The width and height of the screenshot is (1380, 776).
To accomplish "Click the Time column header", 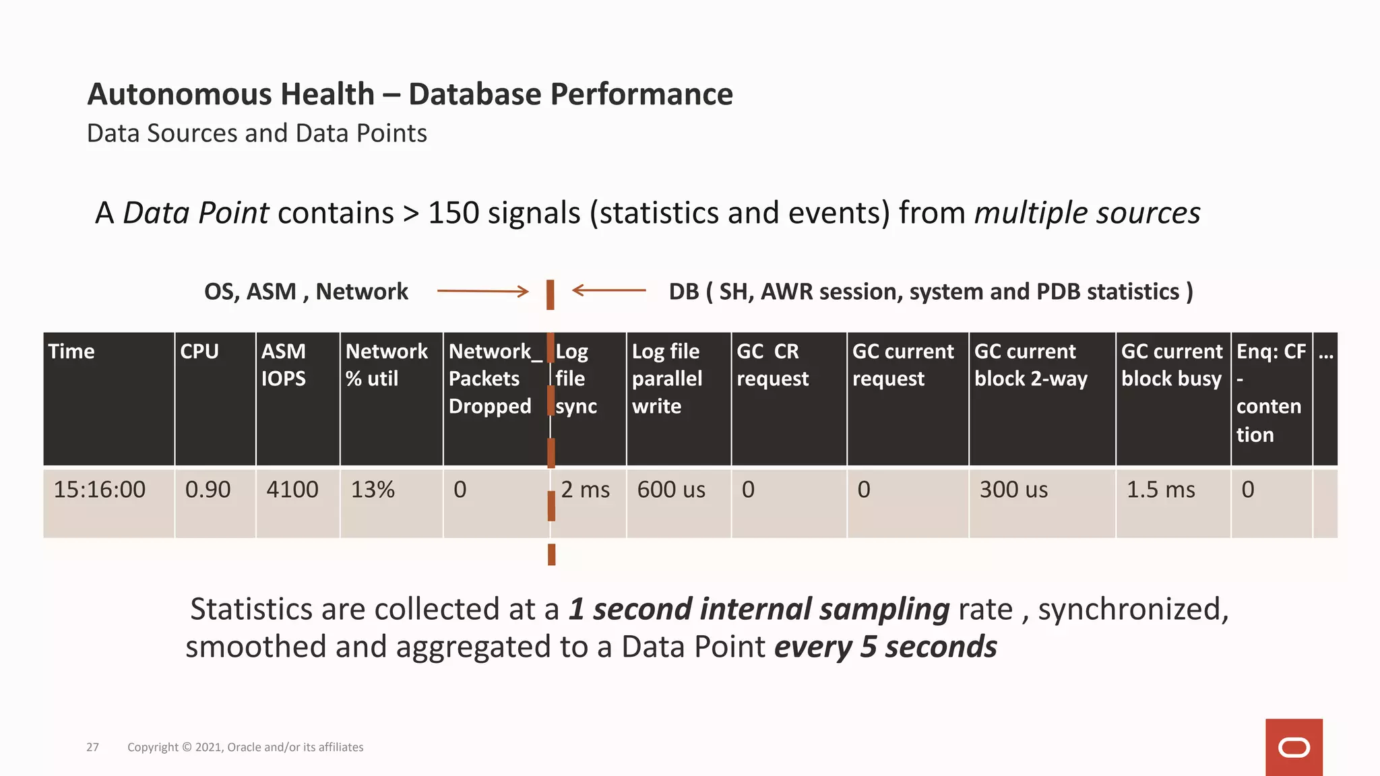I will pos(71,352).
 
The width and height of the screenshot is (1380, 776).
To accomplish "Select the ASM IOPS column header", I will pos(284,365).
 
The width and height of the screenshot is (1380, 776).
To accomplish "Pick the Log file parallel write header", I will pos(666,379).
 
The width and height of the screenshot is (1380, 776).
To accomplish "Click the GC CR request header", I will pos(772,365).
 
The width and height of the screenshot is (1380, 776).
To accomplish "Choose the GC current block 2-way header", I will pos(1031,365).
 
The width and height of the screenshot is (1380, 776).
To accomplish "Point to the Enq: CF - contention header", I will pos(1270,392).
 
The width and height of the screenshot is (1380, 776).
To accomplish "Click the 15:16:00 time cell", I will pos(99,490).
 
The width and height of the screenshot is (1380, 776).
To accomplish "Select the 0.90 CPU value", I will pos(208,490).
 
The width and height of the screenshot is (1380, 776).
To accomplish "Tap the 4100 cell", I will pos(292,490).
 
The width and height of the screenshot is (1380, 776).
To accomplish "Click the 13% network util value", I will pos(373,490).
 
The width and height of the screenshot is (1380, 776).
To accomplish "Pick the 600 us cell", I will pos(671,490).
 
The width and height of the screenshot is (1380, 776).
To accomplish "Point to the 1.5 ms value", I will pos(1160,490).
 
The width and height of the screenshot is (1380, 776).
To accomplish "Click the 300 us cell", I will pos(1013,490).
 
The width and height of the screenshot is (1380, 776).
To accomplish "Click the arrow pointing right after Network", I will pos(482,291).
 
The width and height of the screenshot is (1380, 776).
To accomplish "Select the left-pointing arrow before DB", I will pos(608,290).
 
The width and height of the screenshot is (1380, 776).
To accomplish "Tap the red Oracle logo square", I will pos(1293,747).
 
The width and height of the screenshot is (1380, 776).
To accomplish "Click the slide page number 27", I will pos(92,747).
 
